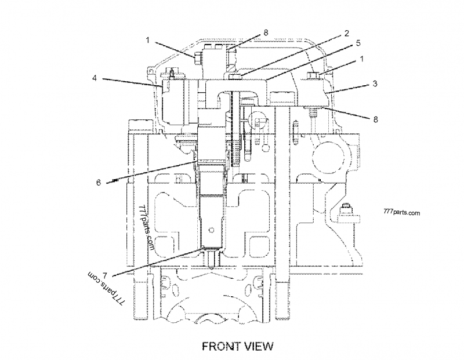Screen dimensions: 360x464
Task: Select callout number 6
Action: pyautogui.click(x=99, y=182)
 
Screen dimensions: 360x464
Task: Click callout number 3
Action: pyautogui.click(x=375, y=83)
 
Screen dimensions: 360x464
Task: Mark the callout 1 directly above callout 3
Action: pyautogui.click(x=362, y=59)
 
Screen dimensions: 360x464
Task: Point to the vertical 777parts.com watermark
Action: pyautogui.click(x=145, y=227)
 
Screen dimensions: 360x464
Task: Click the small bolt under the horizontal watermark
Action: pyautogui.click(x=346, y=210)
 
